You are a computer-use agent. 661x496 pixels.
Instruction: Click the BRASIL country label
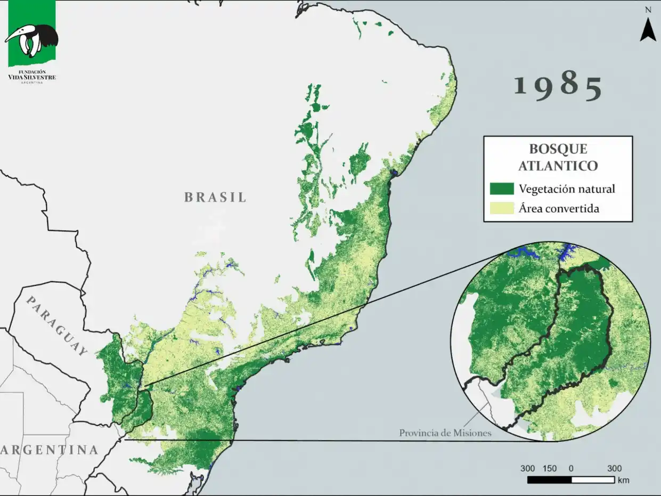(x=216, y=197)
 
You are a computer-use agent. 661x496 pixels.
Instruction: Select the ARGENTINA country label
(x=50, y=450)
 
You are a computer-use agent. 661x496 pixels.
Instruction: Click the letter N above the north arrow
(x=648, y=10)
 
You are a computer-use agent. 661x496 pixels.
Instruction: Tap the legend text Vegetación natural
(x=567, y=189)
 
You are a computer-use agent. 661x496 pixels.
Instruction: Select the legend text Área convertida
(x=559, y=208)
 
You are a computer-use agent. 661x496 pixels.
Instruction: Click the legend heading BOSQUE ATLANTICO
(x=558, y=157)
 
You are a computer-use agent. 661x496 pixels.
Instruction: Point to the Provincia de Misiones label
(x=445, y=433)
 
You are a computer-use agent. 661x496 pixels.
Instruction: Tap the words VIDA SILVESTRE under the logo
(x=32, y=77)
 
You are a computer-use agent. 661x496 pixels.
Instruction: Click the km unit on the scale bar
(x=623, y=481)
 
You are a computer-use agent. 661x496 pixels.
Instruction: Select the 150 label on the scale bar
(x=550, y=469)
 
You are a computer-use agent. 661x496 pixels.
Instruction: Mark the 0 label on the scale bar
(x=571, y=469)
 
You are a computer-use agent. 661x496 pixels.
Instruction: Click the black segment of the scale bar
(x=549, y=480)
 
